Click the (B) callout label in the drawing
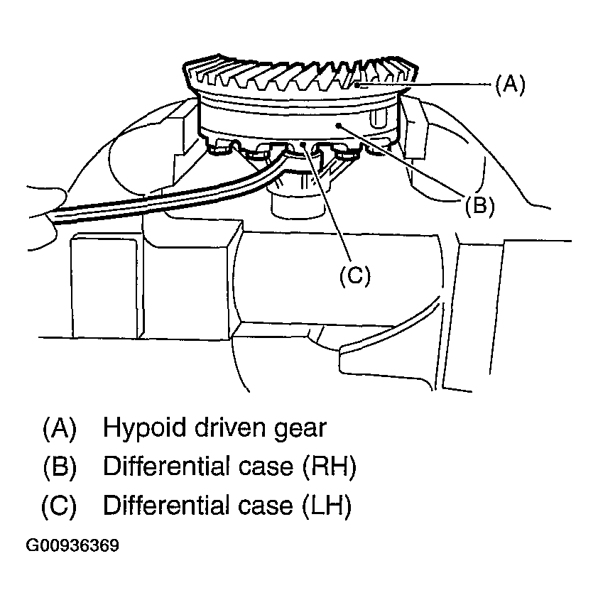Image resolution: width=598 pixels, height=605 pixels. [479, 206]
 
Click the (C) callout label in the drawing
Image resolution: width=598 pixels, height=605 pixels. [354, 276]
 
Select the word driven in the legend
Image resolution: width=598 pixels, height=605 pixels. [230, 427]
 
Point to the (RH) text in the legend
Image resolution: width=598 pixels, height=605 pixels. [328, 467]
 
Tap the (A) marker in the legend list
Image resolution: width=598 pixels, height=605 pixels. [60, 428]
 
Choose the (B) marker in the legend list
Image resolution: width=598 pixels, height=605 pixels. [60, 467]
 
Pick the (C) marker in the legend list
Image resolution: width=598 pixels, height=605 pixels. [60, 506]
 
